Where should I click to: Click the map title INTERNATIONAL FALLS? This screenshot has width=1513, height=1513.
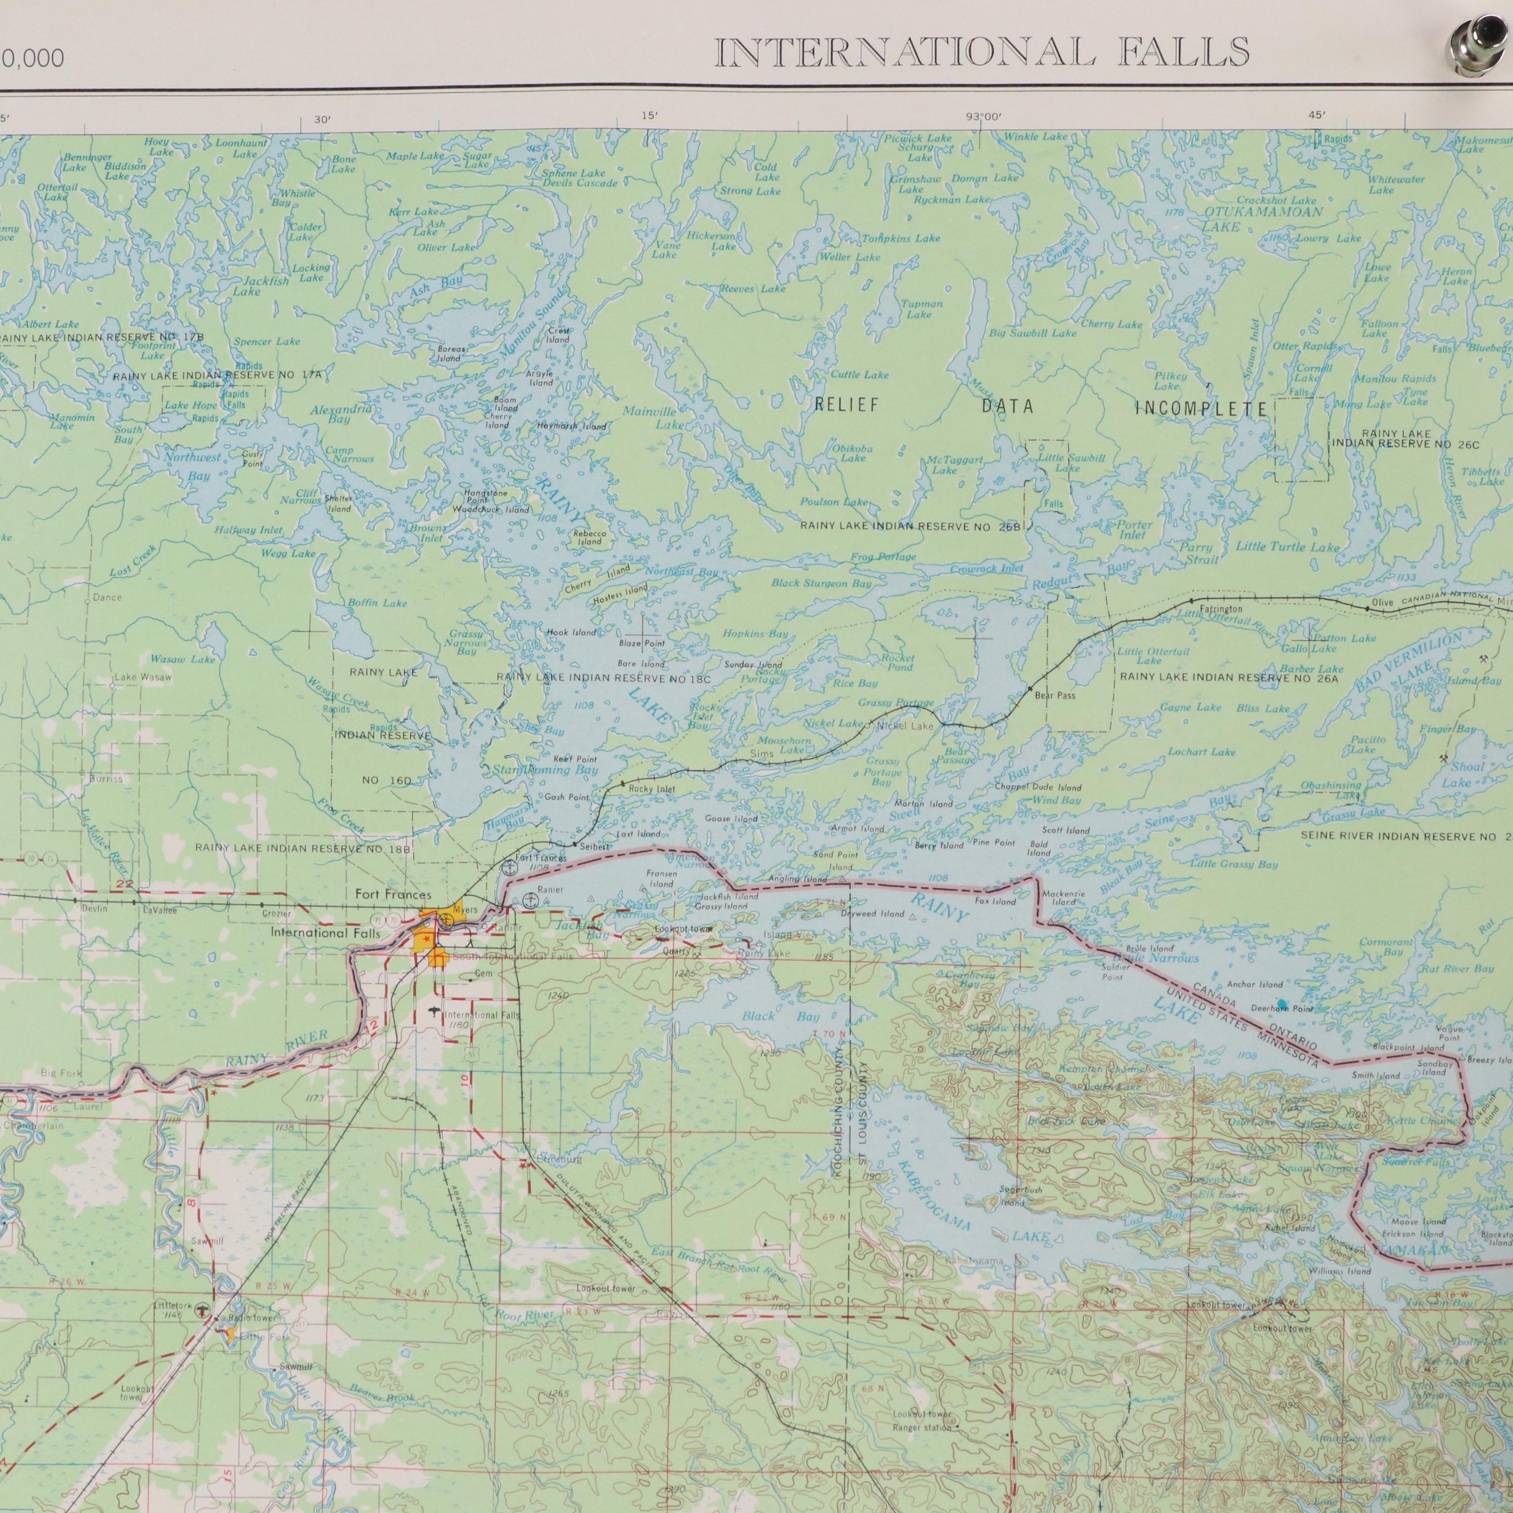point(982,53)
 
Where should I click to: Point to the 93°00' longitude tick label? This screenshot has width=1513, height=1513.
point(984,117)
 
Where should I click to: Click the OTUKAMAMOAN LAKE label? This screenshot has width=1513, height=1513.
point(1262,219)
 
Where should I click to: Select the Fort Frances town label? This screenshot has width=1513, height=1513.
point(393,894)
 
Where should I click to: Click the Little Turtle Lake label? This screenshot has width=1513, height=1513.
point(1287,547)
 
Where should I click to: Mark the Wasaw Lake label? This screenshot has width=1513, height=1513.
point(182,660)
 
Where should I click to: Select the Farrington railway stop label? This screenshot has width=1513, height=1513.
point(1220,610)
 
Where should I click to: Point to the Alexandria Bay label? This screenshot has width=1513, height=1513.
point(341,414)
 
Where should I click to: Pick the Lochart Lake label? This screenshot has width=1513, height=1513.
point(1201,752)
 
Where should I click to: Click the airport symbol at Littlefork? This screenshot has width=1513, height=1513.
point(203,1308)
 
